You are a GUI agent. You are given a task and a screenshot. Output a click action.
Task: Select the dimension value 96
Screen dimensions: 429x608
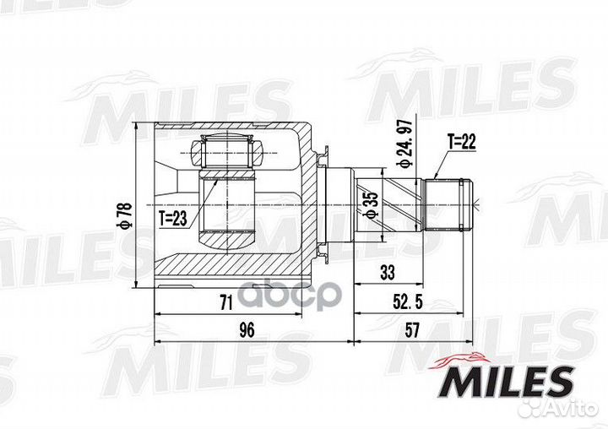[247, 330]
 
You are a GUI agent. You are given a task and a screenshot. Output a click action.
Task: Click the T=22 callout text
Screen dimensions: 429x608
[463, 143]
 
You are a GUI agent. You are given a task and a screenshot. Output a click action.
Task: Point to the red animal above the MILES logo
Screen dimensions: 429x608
[460, 359]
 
